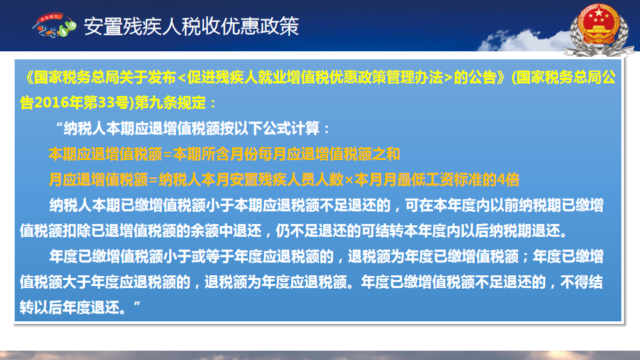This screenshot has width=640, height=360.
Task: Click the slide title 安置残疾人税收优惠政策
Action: click(x=191, y=27)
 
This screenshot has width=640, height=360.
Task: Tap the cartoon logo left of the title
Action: click(x=55, y=25)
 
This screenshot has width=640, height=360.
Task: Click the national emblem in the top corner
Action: click(x=599, y=29)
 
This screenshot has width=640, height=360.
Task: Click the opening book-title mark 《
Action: click(x=28, y=77)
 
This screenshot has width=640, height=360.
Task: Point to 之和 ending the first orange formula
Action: click(x=386, y=154)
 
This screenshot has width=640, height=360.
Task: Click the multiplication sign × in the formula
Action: click(x=349, y=179)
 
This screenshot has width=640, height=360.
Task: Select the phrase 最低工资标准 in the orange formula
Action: click(x=439, y=179)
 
